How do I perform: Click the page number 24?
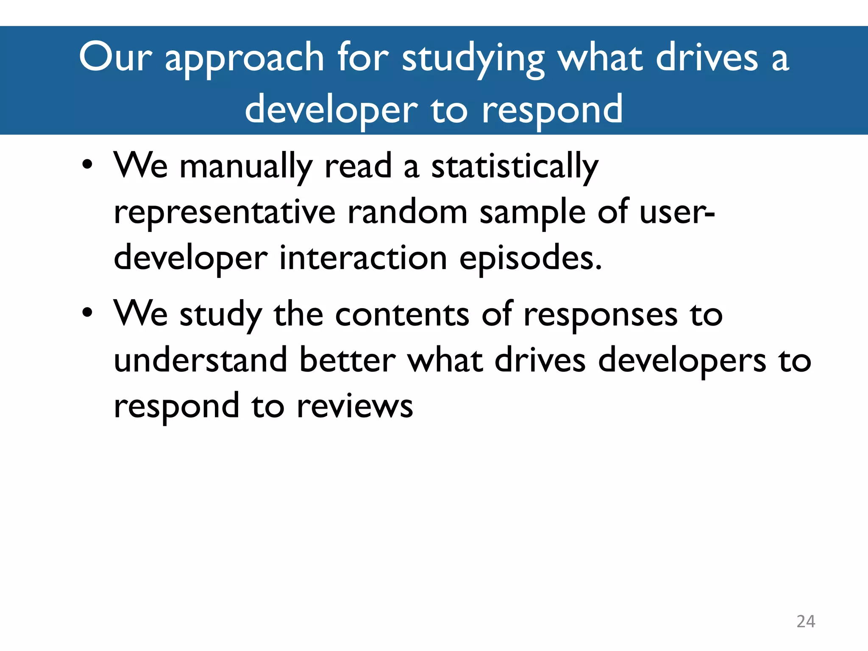coord(806,621)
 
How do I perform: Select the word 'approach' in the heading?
coord(245,59)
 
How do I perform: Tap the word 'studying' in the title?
coord(473,59)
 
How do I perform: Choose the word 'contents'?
coord(402,314)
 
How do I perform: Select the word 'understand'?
coord(200,360)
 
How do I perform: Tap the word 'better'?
coord(347,360)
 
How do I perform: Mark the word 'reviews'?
coord(354,406)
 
